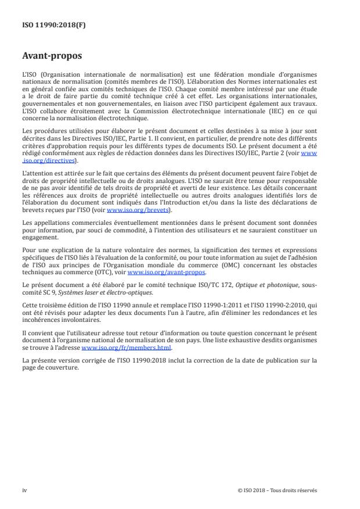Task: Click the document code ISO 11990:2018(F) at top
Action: click(x=46, y=24)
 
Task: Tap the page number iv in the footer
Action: click(x=24, y=490)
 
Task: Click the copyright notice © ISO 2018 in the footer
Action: click(x=278, y=490)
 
